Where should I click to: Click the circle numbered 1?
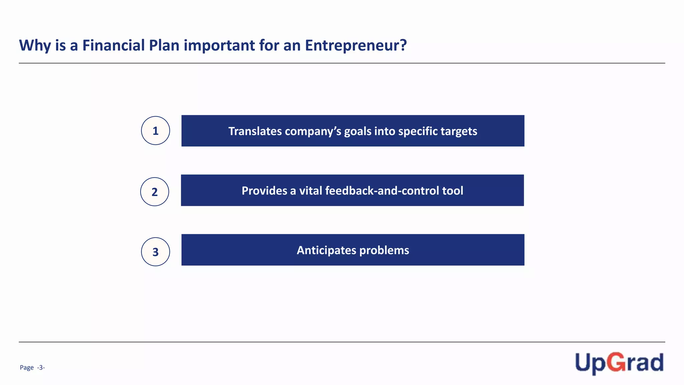pos(155,131)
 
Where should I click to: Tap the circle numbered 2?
pos(154,192)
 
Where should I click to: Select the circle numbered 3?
pos(155,252)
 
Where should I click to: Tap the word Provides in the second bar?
pos(264,190)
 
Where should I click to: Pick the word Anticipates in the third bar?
pos(326,250)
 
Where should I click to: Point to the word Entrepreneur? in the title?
pos(356,45)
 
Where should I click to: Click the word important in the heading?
pos(219,45)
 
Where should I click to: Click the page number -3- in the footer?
pos(41,368)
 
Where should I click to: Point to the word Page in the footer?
pos(27,368)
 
